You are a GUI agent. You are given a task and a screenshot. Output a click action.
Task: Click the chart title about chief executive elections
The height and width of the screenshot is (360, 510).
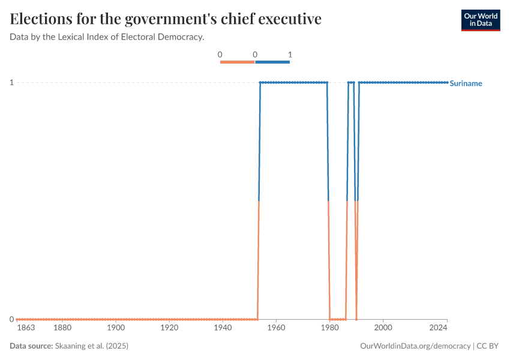click(166, 19)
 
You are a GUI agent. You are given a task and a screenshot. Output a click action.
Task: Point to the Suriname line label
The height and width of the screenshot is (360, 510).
click(466, 83)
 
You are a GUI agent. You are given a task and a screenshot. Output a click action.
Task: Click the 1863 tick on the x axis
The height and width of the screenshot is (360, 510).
click(26, 328)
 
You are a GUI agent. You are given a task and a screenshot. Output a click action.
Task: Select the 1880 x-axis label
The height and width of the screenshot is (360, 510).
click(62, 328)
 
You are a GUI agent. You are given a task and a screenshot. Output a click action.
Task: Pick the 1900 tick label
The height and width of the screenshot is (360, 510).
click(116, 328)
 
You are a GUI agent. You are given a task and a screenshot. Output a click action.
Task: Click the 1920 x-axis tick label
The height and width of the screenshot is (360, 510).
click(169, 328)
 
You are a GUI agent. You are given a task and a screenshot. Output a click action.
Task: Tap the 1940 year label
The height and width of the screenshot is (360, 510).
click(223, 328)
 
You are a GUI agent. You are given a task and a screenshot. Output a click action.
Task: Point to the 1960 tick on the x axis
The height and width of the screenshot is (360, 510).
click(276, 328)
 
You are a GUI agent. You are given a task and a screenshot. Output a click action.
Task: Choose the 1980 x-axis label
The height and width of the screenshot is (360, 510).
click(329, 328)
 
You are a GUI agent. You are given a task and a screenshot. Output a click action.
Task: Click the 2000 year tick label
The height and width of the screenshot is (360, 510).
click(383, 328)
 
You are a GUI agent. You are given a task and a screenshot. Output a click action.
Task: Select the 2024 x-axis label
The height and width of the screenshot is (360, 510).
click(439, 328)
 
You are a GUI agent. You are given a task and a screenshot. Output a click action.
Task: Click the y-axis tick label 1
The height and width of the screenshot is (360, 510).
click(11, 82)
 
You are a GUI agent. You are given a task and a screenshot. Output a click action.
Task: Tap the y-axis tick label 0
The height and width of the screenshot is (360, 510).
click(11, 319)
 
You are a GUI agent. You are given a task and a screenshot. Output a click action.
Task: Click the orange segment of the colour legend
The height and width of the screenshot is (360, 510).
click(238, 62)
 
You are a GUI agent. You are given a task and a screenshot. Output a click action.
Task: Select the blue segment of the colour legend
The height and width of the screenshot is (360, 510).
click(272, 62)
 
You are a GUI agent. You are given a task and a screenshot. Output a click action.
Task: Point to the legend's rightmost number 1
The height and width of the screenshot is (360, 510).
click(290, 55)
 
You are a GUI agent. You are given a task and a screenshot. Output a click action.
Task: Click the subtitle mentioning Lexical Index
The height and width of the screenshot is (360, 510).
click(107, 37)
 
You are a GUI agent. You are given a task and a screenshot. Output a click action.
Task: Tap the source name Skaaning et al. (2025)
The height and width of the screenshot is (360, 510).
click(92, 346)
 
